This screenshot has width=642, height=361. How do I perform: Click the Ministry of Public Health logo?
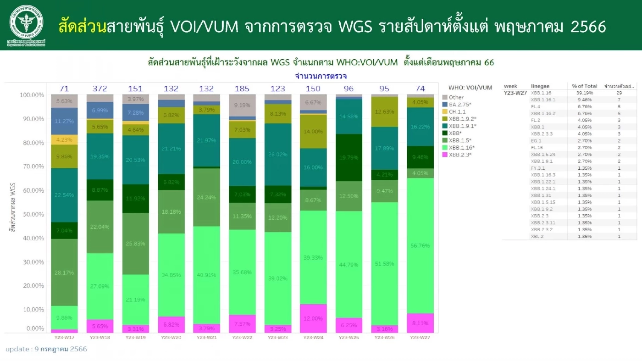pyautogui.click(x=26, y=25)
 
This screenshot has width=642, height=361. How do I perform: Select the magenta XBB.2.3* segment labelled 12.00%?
pyautogui.click(x=313, y=318)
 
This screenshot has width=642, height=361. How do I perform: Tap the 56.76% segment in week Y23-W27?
pyautogui.click(x=421, y=246)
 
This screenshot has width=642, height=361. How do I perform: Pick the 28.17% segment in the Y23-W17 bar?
pyautogui.click(x=65, y=272)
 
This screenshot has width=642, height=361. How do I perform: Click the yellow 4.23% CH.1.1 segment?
pyautogui.click(x=65, y=140)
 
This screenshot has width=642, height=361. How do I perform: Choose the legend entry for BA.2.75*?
pyautogui.click(x=460, y=104)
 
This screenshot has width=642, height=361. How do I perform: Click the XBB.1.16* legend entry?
pyautogui.click(x=461, y=147)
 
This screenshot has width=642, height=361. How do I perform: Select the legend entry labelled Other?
pyautogui.click(x=456, y=97)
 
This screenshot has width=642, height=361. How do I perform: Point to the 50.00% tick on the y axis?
pyautogui.click(x=32, y=214)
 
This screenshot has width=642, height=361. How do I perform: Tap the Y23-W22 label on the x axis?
pyautogui.click(x=242, y=338)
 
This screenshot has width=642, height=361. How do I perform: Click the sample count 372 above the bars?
pyautogui.click(x=100, y=89)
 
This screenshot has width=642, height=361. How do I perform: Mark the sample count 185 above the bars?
pyautogui.click(x=242, y=89)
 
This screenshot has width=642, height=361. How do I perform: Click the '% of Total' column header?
pyautogui.click(x=584, y=86)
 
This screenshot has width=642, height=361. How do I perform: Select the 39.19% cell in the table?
pyautogui.click(x=584, y=93)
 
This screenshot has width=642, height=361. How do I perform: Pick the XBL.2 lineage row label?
pyautogui.click(x=537, y=237)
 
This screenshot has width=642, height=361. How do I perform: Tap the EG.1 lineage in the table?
pyautogui.click(x=537, y=141)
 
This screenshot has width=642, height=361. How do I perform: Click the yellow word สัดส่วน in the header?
pyautogui.click(x=82, y=27)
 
